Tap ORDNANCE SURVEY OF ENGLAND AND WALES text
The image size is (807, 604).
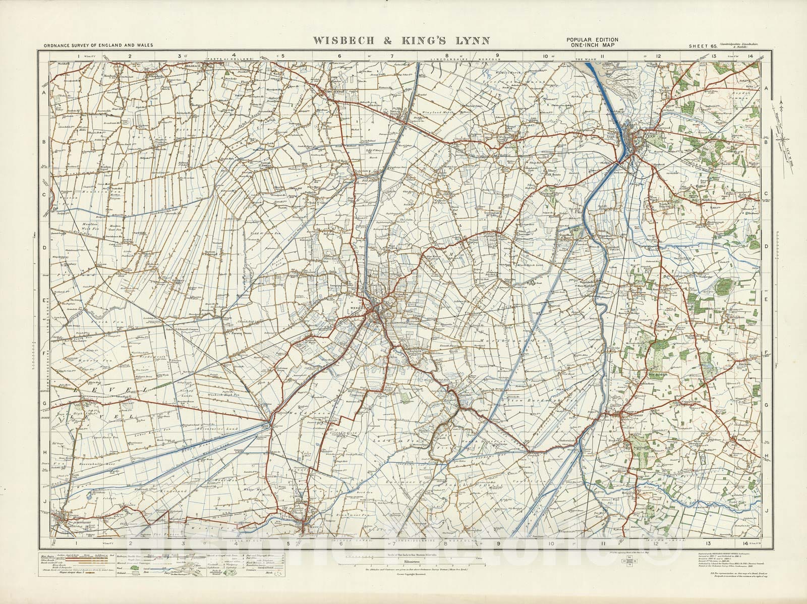pyautogui.click(x=98, y=46)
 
